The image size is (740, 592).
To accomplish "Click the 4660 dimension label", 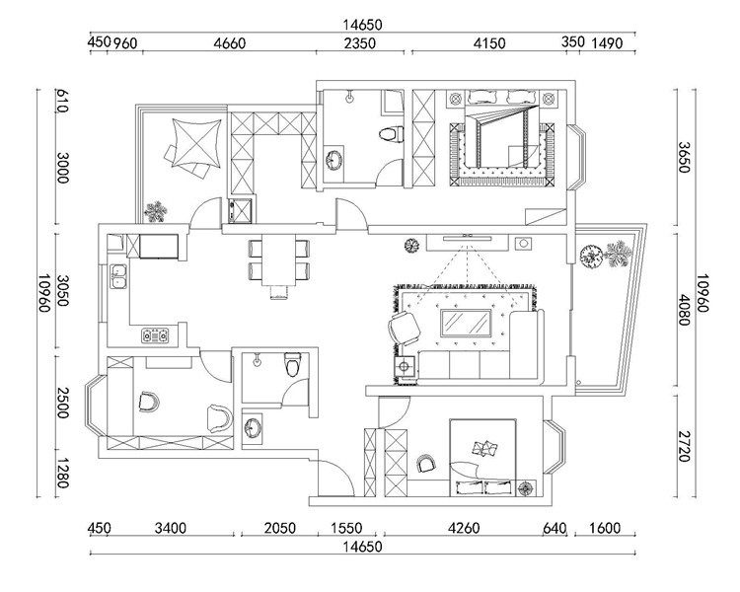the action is [x=230, y=43].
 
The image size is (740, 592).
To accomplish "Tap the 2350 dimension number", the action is [x=360, y=43].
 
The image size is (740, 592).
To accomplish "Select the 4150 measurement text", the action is [x=489, y=43].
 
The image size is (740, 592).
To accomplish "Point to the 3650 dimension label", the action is [x=685, y=157].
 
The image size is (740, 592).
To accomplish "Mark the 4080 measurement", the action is [x=685, y=310].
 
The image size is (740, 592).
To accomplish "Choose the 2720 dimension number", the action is [x=685, y=446].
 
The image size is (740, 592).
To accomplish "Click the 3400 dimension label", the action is [x=171, y=528].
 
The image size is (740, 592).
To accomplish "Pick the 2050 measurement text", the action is [x=280, y=528].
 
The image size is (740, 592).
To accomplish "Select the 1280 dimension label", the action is [x=63, y=473].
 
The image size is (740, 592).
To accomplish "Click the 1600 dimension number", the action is [x=605, y=528].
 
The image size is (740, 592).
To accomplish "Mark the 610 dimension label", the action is [x=63, y=101].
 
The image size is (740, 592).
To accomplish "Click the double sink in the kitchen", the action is [x=118, y=276].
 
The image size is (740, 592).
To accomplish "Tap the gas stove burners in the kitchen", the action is [x=155, y=335].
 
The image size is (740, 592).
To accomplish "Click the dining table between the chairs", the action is [x=278, y=259].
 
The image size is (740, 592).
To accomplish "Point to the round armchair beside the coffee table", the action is [x=405, y=328].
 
